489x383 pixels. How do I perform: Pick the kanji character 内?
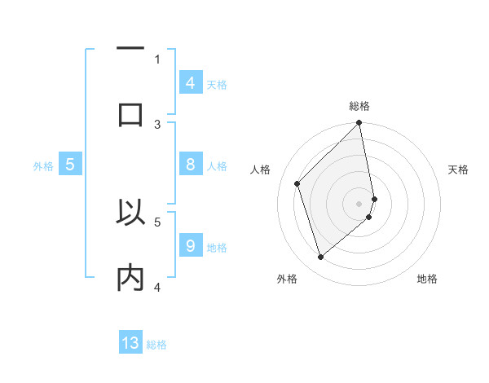(x=130, y=278)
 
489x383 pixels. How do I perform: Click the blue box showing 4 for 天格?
(x=190, y=83)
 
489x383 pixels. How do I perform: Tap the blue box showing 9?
(x=190, y=246)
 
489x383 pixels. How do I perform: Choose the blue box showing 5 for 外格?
(x=70, y=165)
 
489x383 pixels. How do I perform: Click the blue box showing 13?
(x=130, y=343)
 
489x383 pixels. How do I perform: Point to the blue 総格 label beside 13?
(x=156, y=345)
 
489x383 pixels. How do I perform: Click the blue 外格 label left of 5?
(x=43, y=166)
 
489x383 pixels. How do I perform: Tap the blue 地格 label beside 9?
(x=217, y=248)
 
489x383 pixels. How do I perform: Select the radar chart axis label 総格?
(x=359, y=106)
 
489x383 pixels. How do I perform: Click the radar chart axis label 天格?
(x=459, y=169)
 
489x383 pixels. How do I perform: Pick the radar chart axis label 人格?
(x=261, y=169)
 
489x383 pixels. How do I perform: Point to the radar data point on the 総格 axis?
(x=359, y=124)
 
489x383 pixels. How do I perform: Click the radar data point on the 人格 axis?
(x=297, y=183)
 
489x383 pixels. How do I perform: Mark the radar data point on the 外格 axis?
(x=321, y=257)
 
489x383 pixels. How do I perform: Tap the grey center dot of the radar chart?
(x=359, y=203)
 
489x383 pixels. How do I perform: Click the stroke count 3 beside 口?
(x=157, y=124)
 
